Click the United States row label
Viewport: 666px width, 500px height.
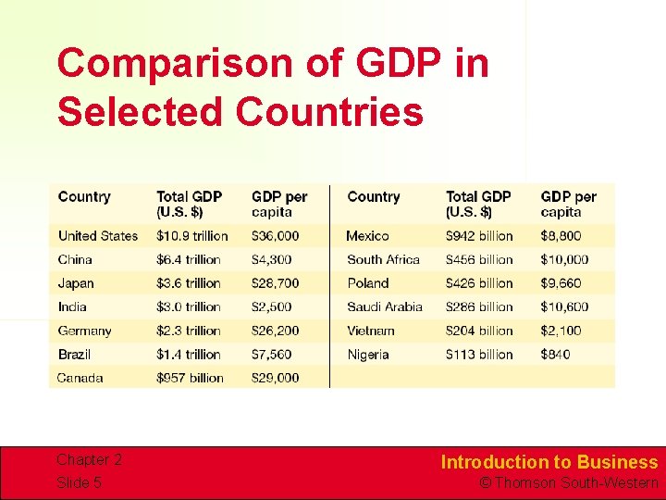(97, 236)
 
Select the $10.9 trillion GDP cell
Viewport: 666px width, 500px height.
(191, 236)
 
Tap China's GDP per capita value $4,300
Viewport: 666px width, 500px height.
(272, 260)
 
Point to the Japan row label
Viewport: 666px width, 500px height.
(76, 283)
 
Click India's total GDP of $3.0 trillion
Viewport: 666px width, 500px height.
(188, 306)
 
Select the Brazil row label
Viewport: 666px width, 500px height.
(74, 354)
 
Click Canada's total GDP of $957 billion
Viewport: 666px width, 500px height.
(190, 378)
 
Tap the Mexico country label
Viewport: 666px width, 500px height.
(367, 236)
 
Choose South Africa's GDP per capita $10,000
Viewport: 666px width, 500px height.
(564, 260)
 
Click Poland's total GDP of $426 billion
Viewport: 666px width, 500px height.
(478, 283)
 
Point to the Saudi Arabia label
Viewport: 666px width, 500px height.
(385, 306)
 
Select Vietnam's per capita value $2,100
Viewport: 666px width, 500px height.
(561, 331)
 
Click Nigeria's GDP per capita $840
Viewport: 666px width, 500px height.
(555, 354)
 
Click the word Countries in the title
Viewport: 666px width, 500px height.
(329, 112)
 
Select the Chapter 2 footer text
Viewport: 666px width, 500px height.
(89, 460)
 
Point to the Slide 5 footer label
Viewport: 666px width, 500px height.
(79, 482)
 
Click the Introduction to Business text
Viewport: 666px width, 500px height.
(549, 462)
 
